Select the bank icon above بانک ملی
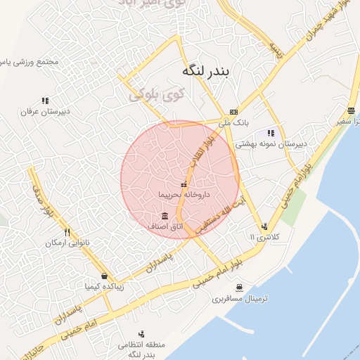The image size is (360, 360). [x=233, y=112]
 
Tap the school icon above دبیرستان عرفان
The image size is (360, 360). [x=45, y=101]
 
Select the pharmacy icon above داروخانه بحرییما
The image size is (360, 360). [x=184, y=184]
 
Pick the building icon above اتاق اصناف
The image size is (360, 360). [x=165, y=215]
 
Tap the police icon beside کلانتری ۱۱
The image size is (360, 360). [x=264, y=226]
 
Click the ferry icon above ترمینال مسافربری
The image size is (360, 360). [x=240, y=288]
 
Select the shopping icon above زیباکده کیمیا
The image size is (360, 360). [x=104, y=276]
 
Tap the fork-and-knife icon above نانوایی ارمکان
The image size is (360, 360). [x=67, y=231]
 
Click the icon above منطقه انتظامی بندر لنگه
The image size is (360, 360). [x=142, y=334]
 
